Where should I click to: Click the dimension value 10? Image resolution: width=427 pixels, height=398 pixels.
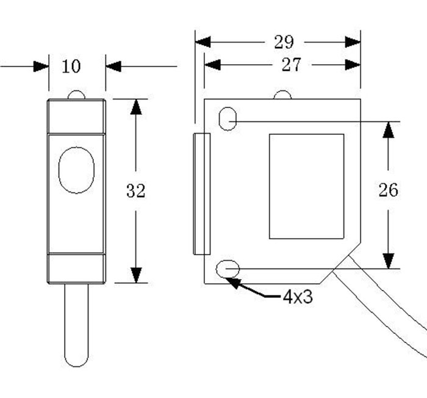coord(71,66)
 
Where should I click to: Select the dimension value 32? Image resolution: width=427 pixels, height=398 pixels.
coord(135,191)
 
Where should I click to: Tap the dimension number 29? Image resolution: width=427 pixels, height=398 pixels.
coord(284,42)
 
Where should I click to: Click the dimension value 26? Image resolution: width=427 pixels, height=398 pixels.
coord(388,190)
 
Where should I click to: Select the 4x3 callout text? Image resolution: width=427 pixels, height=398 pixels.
coord(297,298)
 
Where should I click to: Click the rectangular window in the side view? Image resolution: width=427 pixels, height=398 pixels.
coord(307,186)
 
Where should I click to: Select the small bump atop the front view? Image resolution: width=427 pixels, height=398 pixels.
coord(76,95)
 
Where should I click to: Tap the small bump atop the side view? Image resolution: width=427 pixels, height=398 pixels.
coord(282,95)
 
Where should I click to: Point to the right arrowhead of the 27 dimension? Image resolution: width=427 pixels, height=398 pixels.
coord(353,65)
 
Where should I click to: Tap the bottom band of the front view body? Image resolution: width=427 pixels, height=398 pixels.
coord(76,269)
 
